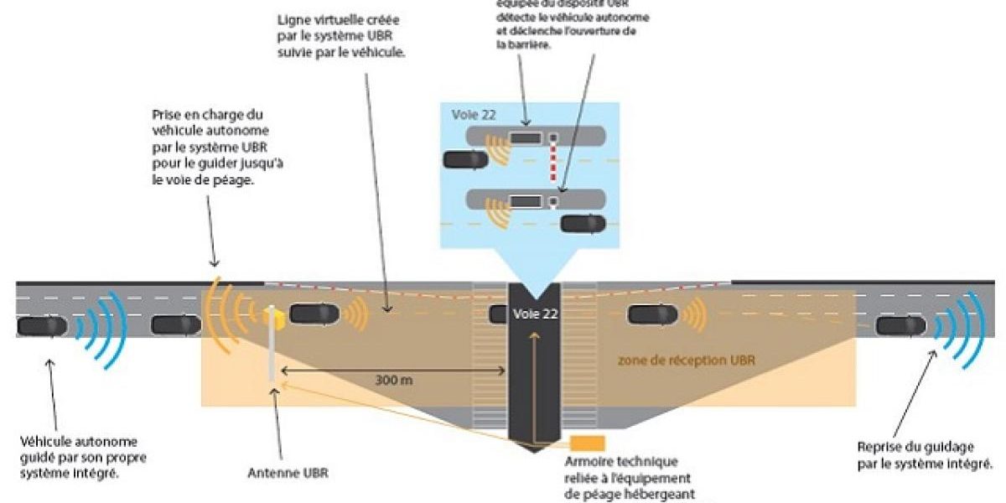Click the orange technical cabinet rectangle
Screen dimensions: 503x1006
point(587,443)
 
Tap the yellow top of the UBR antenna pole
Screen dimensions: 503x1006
point(274,316)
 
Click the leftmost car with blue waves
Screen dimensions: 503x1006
point(42,325)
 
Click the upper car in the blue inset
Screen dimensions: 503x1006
point(465,159)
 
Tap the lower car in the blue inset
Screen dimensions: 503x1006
point(583,223)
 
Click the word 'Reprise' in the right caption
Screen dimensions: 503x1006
point(876,446)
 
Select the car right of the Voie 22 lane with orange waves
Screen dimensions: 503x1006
point(653,314)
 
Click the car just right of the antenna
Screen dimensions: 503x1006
point(314,314)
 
